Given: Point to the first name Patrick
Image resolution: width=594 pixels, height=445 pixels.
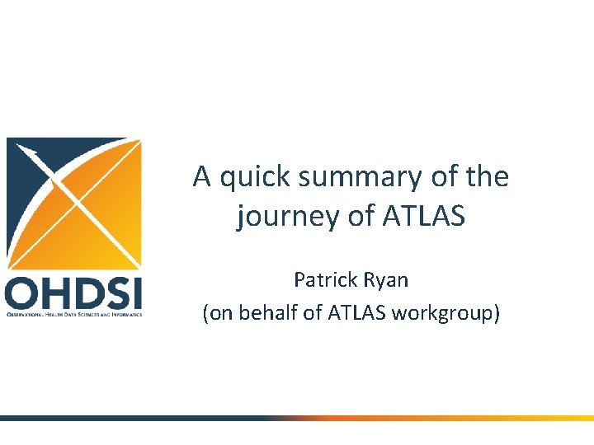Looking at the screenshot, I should coord(324,280).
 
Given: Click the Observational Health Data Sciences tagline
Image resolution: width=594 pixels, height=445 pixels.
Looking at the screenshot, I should coord(73,314).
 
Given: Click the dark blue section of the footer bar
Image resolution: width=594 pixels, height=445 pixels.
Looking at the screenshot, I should coord(124,419).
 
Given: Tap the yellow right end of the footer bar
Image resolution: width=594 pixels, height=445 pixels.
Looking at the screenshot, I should coord(561,419).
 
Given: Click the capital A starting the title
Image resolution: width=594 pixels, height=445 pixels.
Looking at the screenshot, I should coord(201,177).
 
